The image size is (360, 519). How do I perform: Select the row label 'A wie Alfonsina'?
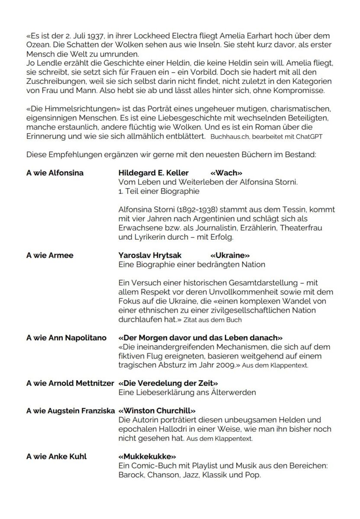click(55, 173)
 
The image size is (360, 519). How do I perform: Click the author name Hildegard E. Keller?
click(154, 173)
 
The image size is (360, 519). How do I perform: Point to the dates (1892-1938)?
click(191, 210)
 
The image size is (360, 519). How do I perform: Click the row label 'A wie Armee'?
click(50, 255)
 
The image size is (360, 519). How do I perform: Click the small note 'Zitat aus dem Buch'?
click(212, 320)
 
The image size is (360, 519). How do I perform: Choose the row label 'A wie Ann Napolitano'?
click(66, 337)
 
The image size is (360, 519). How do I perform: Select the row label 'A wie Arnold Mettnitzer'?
click(70, 383)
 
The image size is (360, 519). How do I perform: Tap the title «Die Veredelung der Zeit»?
click(168, 383)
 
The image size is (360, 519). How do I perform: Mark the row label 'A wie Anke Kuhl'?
click(56, 456)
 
